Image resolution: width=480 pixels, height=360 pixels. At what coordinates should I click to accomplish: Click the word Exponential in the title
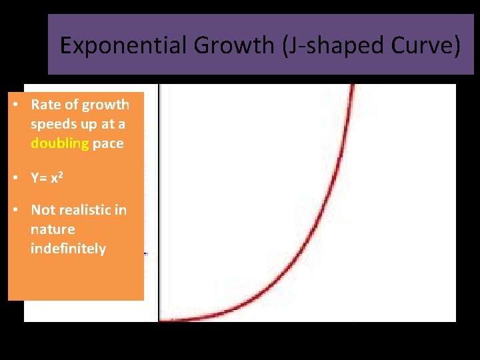point(111,45)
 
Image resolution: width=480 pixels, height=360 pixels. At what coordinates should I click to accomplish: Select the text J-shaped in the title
point(316,45)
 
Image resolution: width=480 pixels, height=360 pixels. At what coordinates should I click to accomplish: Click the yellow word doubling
point(59,143)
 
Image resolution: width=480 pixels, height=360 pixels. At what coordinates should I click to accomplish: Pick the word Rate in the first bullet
point(45,105)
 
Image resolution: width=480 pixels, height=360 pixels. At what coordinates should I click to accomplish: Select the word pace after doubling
point(108,143)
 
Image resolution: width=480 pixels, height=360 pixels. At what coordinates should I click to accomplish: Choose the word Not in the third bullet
point(44,210)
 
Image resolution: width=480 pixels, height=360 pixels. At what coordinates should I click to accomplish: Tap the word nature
point(53,229)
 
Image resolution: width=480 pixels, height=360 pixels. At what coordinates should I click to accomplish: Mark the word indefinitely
point(68,249)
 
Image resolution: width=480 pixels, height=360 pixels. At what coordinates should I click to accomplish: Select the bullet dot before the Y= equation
point(15,178)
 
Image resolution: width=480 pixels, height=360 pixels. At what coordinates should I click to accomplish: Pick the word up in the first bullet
point(85,125)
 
